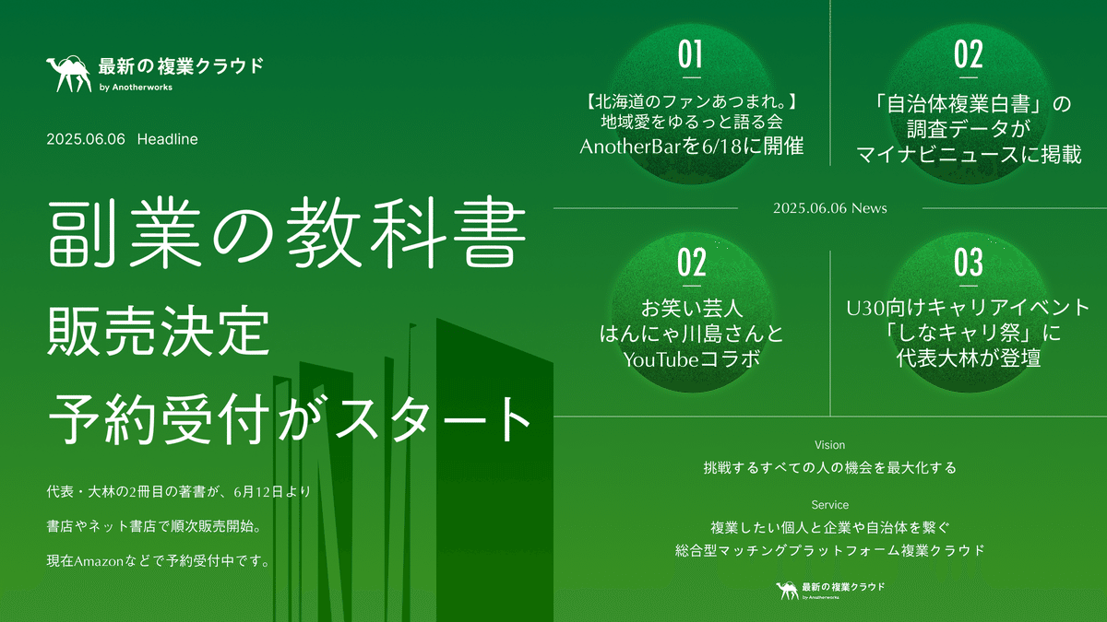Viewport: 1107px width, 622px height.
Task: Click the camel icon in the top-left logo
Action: pyautogui.click(x=68, y=74)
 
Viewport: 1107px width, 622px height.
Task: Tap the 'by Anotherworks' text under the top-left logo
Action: pyautogui.click(x=135, y=88)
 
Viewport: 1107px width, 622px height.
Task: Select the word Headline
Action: pyautogui.click(x=167, y=139)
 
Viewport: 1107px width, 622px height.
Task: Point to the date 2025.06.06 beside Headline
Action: pyautogui.click(x=85, y=139)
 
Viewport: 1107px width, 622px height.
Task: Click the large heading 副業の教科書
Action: pyautogui.click(x=287, y=239)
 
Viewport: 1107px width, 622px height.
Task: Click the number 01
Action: pyautogui.click(x=691, y=55)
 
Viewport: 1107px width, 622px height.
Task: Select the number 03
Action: pyautogui.click(x=969, y=264)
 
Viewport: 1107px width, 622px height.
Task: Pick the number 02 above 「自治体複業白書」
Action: pyautogui.click(x=969, y=55)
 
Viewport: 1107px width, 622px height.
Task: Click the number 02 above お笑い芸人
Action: pyautogui.click(x=691, y=264)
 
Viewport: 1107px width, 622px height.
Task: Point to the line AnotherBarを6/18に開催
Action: pyautogui.click(x=691, y=147)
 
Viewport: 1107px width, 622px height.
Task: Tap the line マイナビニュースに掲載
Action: pyautogui.click(x=969, y=154)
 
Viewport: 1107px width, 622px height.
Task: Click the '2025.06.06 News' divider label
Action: pyautogui.click(x=830, y=208)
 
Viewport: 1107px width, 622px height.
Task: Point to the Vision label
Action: pyautogui.click(x=829, y=445)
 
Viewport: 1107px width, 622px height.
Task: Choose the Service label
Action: pyautogui.click(x=830, y=505)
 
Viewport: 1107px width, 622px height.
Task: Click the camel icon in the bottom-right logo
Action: pyautogui.click(x=787, y=589)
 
